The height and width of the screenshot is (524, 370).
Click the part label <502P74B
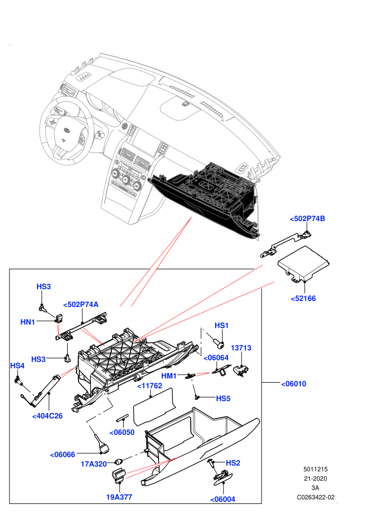pyautogui.click(x=307, y=219)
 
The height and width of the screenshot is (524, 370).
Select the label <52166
pyautogui.click(x=303, y=299)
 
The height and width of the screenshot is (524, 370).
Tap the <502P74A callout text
pyautogui.click(x=81, y=304)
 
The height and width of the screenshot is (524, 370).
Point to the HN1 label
pyautogui.click(x=27, y=322)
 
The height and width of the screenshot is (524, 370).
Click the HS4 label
pyautogui.click(x=17, y=366)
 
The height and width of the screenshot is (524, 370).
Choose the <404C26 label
pyautogui.click(x=48, y=415)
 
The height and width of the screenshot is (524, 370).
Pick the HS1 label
pyautogui.click(x=221, y=326)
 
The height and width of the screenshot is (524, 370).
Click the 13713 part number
pyautogui.click(x=241, y=348)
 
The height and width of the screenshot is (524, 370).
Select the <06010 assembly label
pyautogui.click(x=293, y=384)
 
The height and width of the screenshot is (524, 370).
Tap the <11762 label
pyautogui.click(x=150, y=386)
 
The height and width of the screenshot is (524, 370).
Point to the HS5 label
pyautogui.click(x=223, y=399)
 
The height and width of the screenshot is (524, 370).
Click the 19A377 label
pyautogui.click(x=119, y=497)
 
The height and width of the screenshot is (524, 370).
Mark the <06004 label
pyautogui.click(x=223, y=499)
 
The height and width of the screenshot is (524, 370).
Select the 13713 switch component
pyautogui.click(x=241, y=371)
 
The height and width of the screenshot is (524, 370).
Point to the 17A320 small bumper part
pyautogui.click(x=119, y=462)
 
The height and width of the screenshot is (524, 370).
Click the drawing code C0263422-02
pyautogui.click(x=316, y=497)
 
